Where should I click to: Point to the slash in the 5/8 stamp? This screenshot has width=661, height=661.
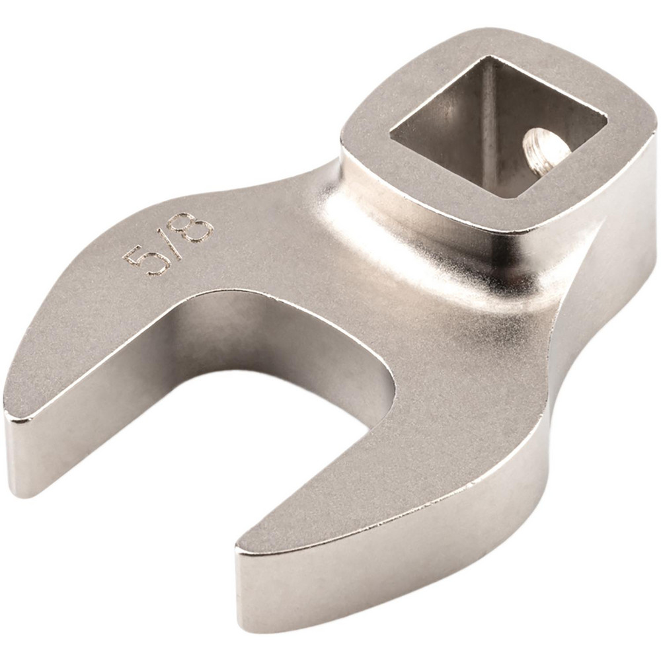pos(168,244)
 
